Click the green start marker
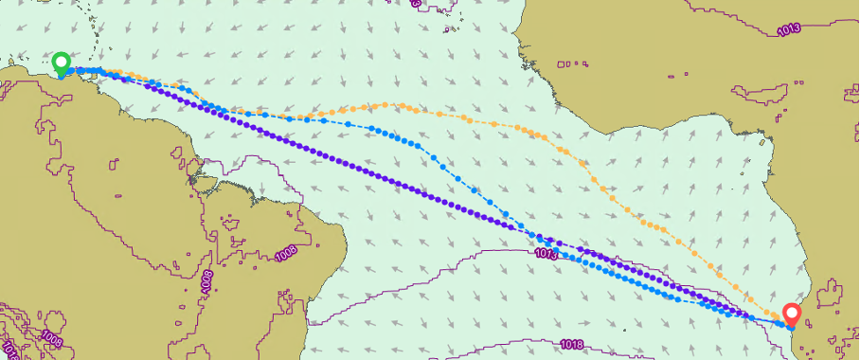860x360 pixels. [62, 63]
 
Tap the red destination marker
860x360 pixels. [791, 313]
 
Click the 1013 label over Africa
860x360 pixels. [787, 28]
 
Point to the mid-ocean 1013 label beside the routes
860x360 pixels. [546, 253]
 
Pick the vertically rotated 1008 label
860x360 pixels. [207, 282]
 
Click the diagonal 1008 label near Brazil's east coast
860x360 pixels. [289, 252]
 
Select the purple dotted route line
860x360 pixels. [379, 175]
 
